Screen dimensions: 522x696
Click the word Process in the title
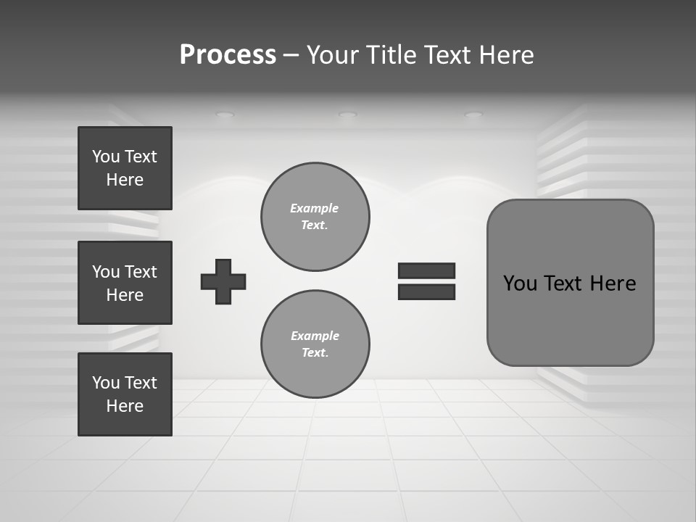(x=228, y=55)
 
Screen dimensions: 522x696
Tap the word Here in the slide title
(x=505, y=55)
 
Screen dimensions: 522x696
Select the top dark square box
(x=125, y=168)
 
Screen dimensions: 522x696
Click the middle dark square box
(x=125, y=283)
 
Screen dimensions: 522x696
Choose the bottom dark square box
(x=125, y=394)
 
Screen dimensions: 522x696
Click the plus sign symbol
(x=223, y=281)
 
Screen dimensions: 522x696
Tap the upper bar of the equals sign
(x=426, y=270)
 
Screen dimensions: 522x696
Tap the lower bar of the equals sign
(x=426, y=292)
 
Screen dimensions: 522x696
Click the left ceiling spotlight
(x=225, y=115)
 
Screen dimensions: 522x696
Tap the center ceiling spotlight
(x=348, y=115)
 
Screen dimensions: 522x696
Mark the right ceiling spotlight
(x=473, y=115)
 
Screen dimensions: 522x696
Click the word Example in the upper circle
(x=315, y=208)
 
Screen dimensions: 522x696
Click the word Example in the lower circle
(x=315, y=336)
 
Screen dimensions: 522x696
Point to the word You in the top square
(x=105, y=157)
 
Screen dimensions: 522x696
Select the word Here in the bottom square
(x=125, y=406)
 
